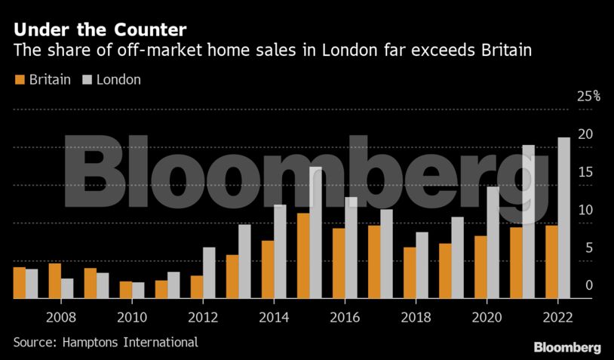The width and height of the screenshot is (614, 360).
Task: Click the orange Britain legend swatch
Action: click(x=20, y=79)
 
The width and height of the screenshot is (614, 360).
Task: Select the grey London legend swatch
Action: click(x=87, y=79)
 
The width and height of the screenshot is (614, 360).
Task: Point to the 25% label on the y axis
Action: click(x=588, y=97)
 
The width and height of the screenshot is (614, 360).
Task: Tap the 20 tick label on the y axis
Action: click(x=585, y=135)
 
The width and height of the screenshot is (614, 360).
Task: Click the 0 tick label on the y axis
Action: click(x=588, y=286)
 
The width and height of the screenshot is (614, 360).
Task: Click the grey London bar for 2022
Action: click(x=563, y=218)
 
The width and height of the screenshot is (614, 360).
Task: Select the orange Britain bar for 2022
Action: click(x=551, y=263)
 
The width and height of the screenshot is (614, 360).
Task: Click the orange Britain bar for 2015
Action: click(x=303, y=256)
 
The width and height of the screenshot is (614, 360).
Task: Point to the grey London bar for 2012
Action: click(x=209, y=273)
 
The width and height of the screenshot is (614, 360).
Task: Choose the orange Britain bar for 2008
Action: click(x=55, y=282)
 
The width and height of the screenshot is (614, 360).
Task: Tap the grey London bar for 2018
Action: click(x=422, y=266)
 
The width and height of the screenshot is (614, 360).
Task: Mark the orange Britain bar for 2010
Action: click(x=125, y=291)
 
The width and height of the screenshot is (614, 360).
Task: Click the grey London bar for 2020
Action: click(x=493, y=243)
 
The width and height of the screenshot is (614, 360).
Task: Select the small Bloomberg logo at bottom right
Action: click(x=566, y=347)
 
